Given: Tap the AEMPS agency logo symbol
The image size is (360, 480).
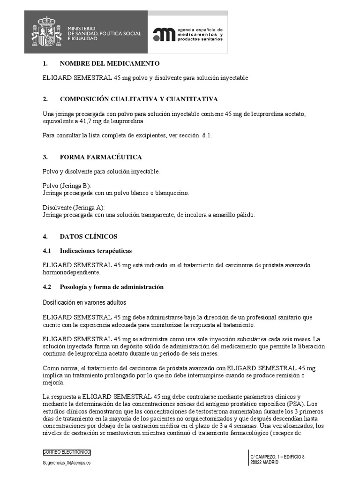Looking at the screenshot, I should click(x=164, y=34).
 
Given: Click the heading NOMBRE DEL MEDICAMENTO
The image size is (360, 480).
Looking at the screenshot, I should click(x=110, y=63).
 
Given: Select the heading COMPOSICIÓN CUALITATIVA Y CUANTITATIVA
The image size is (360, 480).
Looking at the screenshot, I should click(x=139, y=99).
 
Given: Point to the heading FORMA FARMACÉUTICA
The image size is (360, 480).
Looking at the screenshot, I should click(x=101, y=157).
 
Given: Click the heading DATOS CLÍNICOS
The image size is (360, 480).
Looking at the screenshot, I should click(x=89, y=236).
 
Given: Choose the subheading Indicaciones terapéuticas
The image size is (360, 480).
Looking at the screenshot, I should click(x=96, y=251).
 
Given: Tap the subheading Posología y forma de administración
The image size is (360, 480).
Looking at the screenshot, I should click(x=112, y=286).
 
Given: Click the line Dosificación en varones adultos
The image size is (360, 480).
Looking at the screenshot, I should click(x=84, y=303).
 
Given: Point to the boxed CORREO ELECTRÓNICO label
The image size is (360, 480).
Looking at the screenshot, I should click(x=67, y=452).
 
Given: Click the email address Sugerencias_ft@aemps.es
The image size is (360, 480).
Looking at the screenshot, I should click(x=67, y=462).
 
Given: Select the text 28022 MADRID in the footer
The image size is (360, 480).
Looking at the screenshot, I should click(x=264, y=462).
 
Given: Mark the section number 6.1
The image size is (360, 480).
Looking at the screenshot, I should click(x=207, y=135).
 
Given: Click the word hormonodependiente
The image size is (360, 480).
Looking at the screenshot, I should click(x=71, y=272).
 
